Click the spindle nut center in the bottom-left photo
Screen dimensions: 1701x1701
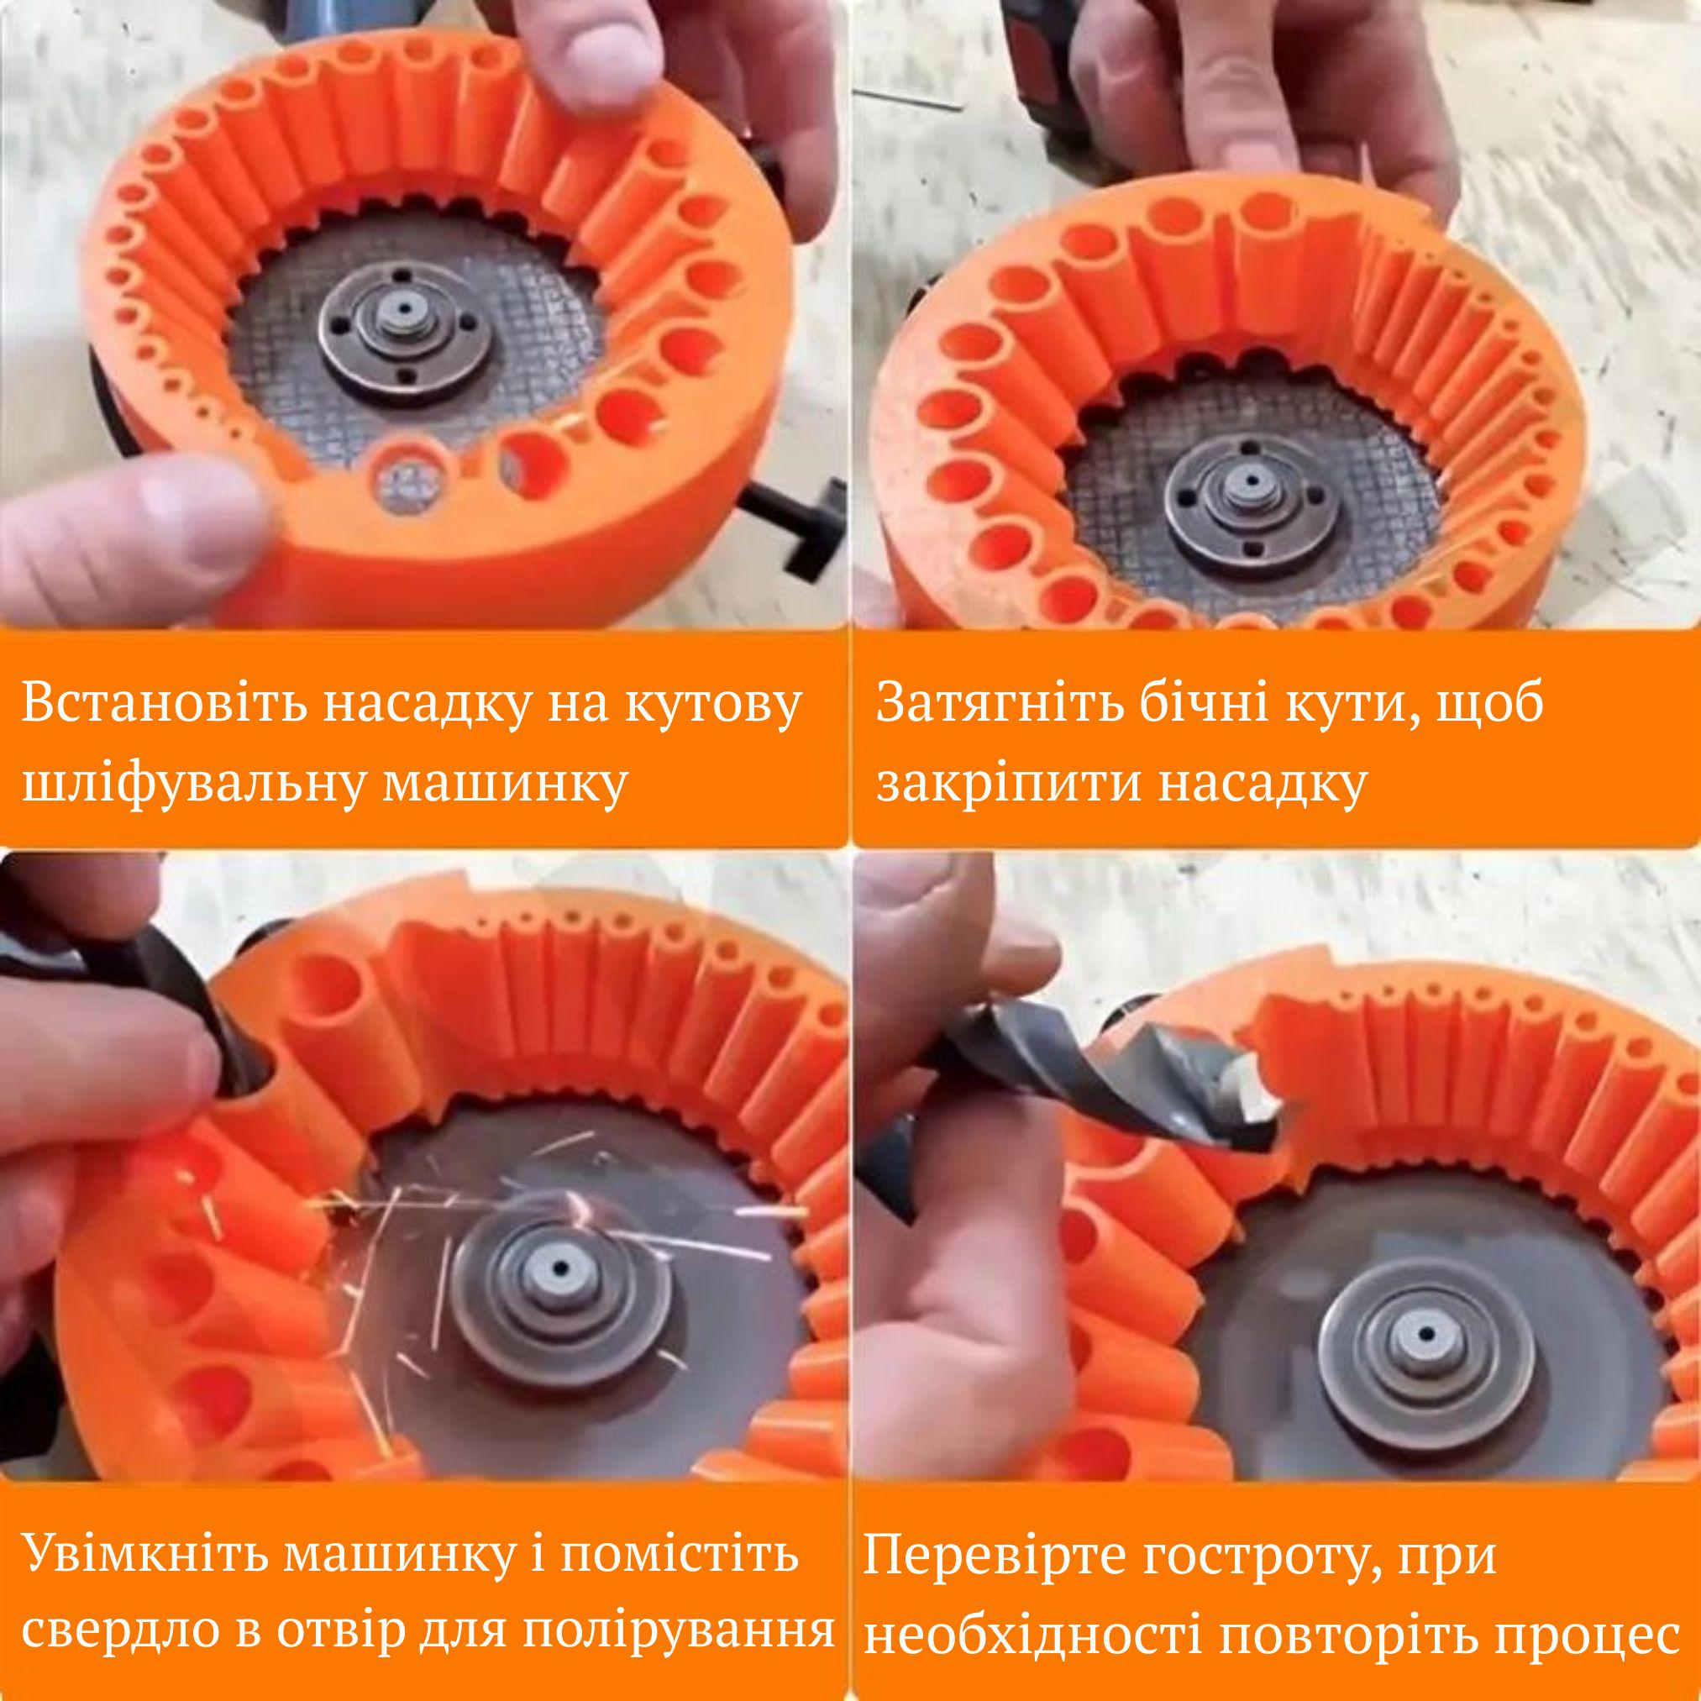coord(559,1295)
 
